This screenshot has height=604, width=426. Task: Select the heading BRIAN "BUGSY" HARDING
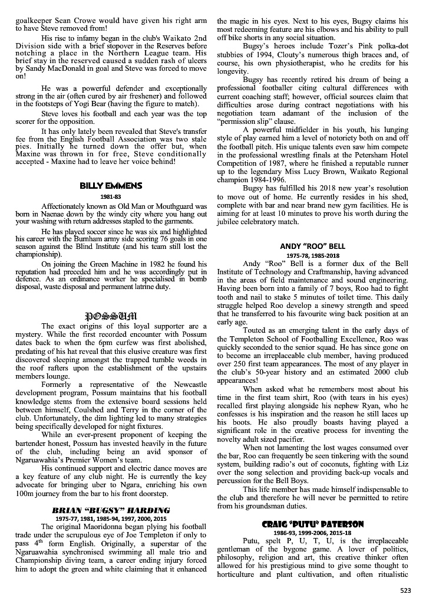tap(111, 510)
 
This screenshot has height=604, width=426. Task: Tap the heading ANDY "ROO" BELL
tap(313, 246)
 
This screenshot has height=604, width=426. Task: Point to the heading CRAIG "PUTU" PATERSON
tap(313, 524)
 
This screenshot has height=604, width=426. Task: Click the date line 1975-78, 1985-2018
tap(313, 255)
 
